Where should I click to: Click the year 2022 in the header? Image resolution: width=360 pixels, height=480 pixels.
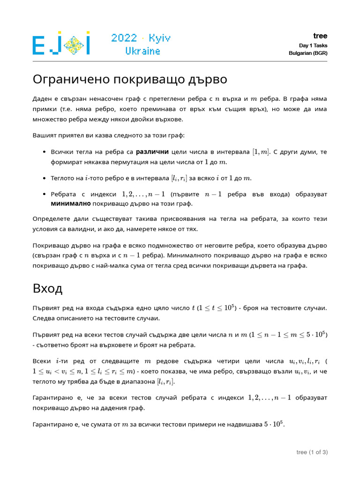pyautogui.click(x=124, y=38)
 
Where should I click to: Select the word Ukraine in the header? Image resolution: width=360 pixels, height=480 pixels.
pyautogui.click(x=142, y=51)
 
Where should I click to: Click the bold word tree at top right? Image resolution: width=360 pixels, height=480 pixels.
pyautogui.click(x=321, y=36)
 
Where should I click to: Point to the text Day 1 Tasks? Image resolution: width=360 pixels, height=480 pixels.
pyautogui.click(x=313, y=45)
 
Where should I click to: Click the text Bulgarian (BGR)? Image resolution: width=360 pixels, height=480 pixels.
pyautogui.click(x=308, y=53)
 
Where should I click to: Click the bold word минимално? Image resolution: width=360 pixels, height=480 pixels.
pyautogui.click(x=70, y=204)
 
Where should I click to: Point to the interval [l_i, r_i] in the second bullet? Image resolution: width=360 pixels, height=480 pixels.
pyautogui.click(x=179, y=178)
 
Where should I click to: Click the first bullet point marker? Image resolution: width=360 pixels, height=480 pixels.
pyautogui.click(x=44, y=152)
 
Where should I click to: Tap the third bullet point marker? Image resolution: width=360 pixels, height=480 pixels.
pyautogui.click(x=44, y=194)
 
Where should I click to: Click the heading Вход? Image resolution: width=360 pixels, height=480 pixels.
pyautogui.click(x=47, y=288)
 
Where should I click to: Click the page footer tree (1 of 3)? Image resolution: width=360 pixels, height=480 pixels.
pyautogui.click(x=312, y=452)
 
